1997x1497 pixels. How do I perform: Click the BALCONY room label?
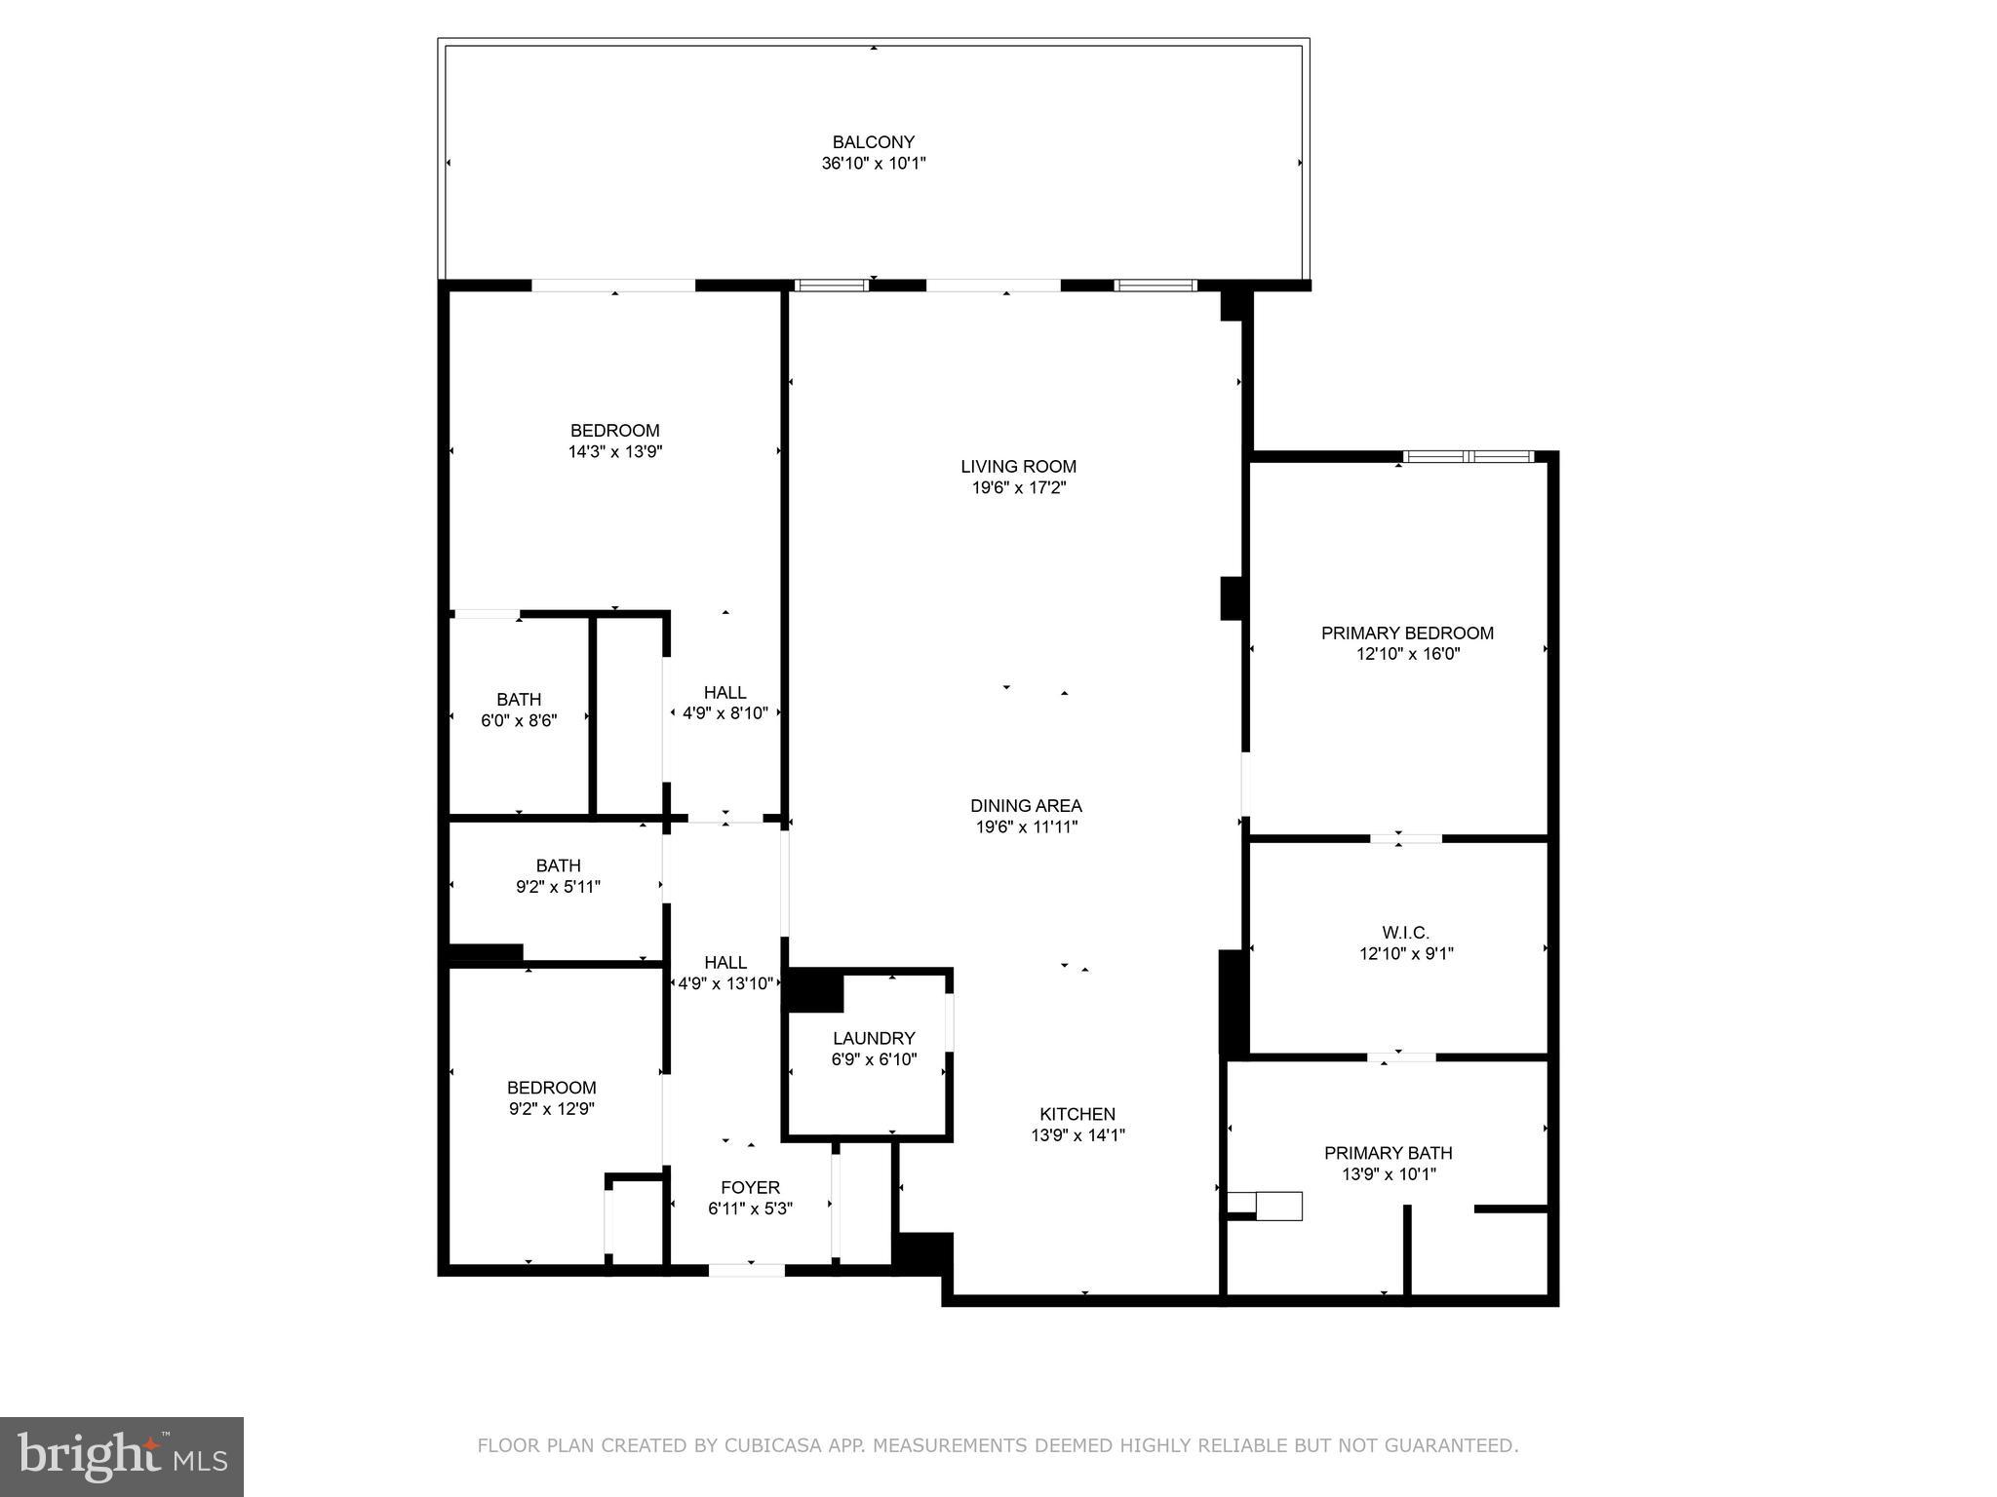873,142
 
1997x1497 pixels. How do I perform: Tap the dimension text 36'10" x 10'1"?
873,164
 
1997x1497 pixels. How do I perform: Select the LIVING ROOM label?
1018,467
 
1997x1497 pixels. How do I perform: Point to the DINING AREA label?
1026,806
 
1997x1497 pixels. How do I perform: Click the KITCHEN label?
1077,1114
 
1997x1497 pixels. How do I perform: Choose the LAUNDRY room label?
874,1038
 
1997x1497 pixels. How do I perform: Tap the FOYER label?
750,1187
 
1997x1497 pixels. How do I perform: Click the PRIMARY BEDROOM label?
1407,633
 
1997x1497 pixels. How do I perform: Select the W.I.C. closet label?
1405,933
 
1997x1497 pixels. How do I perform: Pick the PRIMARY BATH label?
1388,1153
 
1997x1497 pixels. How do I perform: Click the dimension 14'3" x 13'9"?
614,452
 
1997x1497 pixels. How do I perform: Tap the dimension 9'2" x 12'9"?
551,1109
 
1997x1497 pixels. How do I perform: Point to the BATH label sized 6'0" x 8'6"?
518,700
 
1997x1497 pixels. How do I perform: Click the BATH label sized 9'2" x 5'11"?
558,865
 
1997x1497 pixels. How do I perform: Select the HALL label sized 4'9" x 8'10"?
724,693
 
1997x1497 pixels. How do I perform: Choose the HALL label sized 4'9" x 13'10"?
724,963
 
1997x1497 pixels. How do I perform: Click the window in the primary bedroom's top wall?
1468,456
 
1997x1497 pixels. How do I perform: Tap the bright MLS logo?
122,1457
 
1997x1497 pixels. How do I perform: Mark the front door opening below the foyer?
746,1270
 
